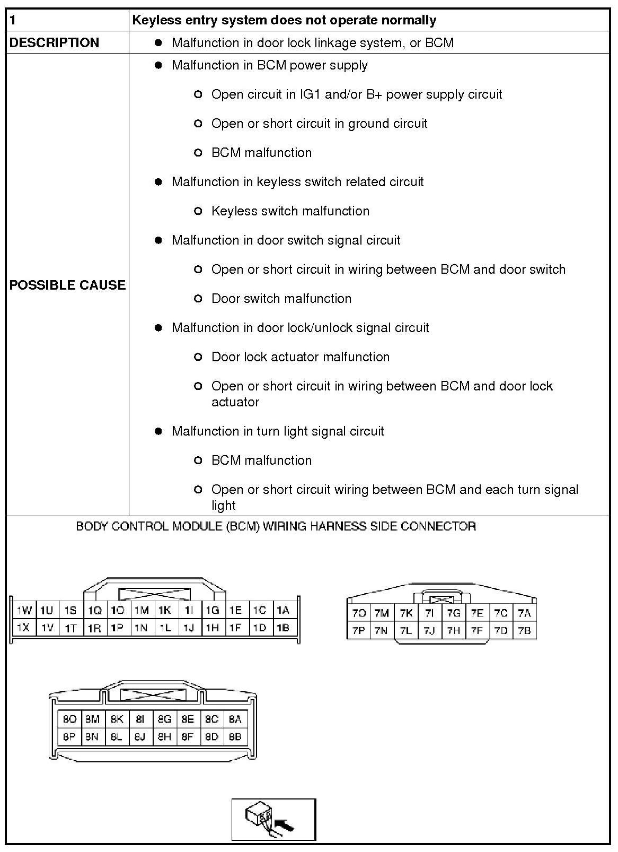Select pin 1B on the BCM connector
pyautogui.click(x=283, y=628)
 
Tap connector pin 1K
pyautogui.click(x=164, y=611)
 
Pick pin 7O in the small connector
pyautogui.click(x=359, y=613)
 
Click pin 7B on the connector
pyautogui.click(x=524, y=631)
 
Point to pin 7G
pyautogui.click(x=454, y=613)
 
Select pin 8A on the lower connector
pyautogui.click(x=235, y=719)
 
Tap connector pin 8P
pyautogui.click(x=69, y=737)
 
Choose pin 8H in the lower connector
pyautogui.click(x=164, y=737)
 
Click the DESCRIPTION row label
pyautogui.click(x=54, y=43)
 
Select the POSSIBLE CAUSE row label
pyautogui.click(x=67, y=285)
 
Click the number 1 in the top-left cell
pyautogui.click(x=13, y=21)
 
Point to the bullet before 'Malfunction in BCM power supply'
pyautogui.click(x=158, y=65)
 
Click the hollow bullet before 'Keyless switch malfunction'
pyautogui.click(x=198, y=211)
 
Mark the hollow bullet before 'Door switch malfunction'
pyautogui.click(x=198, y=299)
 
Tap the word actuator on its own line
pyautogui.click(x=235, y=402)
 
